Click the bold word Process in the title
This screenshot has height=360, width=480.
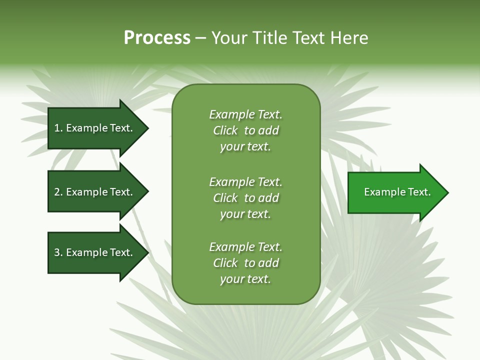(157, 38)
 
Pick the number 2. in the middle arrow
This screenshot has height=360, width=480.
(58, 192)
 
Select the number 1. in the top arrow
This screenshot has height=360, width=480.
(58, 128)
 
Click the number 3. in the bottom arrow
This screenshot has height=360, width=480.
(58, 252)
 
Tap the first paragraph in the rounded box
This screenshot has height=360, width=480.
(245, 130)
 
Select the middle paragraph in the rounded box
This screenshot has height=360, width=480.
(245, 198)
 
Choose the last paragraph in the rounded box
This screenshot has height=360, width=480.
(245, 263)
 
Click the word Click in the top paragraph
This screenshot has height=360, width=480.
(225, 130)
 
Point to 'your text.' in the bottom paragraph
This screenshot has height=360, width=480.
(245, 279)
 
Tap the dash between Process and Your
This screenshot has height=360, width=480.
(201, 38)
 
